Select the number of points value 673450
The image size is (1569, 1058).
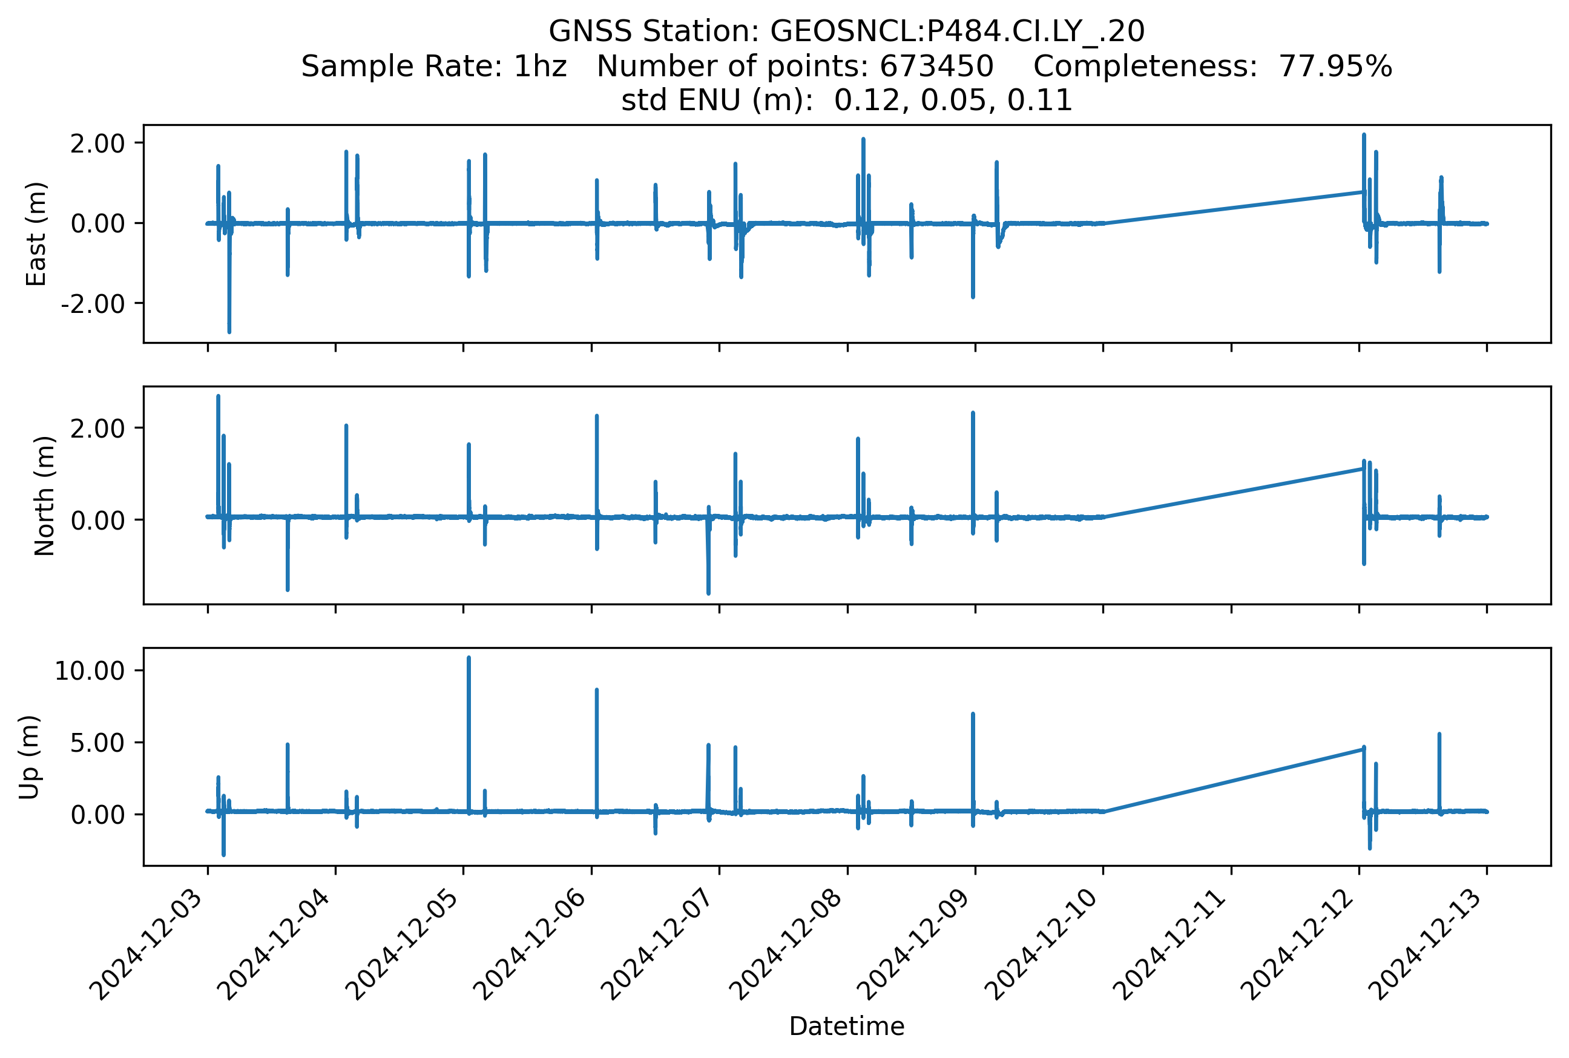(x=936, y=66)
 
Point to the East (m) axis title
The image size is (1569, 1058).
(x=36, y=234)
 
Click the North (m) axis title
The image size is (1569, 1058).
(x=45, y=496)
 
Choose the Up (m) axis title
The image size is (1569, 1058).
(x=29, y=757)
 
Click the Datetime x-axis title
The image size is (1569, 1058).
(x=846, y=1027)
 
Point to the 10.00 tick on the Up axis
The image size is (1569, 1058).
(x=90, y=671)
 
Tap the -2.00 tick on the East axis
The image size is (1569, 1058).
(x=93, y=304)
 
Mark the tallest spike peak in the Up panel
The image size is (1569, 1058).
(x=469, y=658)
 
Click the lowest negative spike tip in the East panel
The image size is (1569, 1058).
(x=229, y=332)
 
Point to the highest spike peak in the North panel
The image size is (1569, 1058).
(x=218, y=396)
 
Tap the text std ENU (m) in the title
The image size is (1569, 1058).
(x=717, y=100)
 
